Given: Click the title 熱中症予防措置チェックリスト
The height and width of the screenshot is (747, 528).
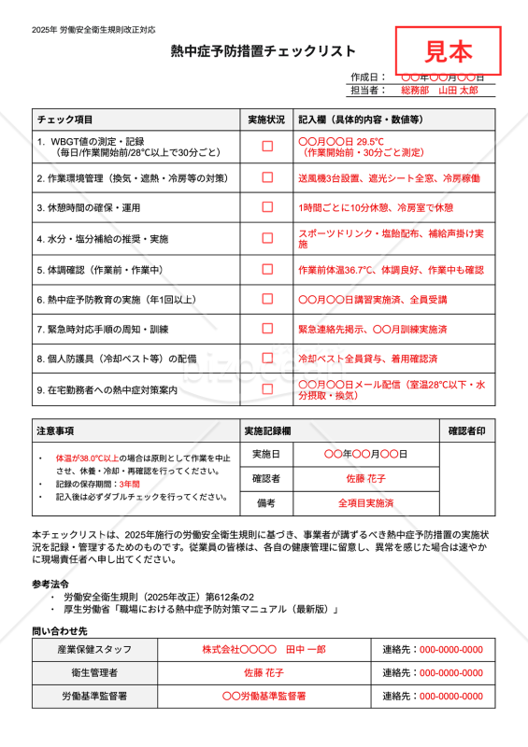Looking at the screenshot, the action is coord(264,51).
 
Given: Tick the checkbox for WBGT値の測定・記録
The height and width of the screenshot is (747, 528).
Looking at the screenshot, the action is coord(267,146).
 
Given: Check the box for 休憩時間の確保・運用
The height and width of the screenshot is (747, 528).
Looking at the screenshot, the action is coord(267,207).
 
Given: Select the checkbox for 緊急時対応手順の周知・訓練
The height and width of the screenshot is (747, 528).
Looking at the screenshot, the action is coord(267,329).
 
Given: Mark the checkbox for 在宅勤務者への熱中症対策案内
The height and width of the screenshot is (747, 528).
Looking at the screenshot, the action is coord(267,389).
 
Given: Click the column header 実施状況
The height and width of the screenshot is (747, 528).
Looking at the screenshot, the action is coord(266,120).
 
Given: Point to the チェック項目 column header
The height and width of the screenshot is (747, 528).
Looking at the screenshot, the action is coord(64,120).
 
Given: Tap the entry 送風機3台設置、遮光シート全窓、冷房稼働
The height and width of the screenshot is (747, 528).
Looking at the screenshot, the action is coord(389,177).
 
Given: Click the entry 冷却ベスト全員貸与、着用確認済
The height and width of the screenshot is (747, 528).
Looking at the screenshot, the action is coord(367,359).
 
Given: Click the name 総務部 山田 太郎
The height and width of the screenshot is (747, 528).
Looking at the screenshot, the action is coord(439,91).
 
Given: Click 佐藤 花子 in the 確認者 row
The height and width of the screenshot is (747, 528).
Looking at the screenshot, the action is coord(366,478).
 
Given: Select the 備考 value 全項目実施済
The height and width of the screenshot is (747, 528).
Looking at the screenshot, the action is coord(366,503).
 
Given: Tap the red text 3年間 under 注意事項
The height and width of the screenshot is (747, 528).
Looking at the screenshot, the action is coord(130,484).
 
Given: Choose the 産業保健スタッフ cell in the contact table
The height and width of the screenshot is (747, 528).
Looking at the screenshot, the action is coord(94,649).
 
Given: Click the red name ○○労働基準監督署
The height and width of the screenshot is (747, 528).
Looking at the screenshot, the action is coord(264,696).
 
